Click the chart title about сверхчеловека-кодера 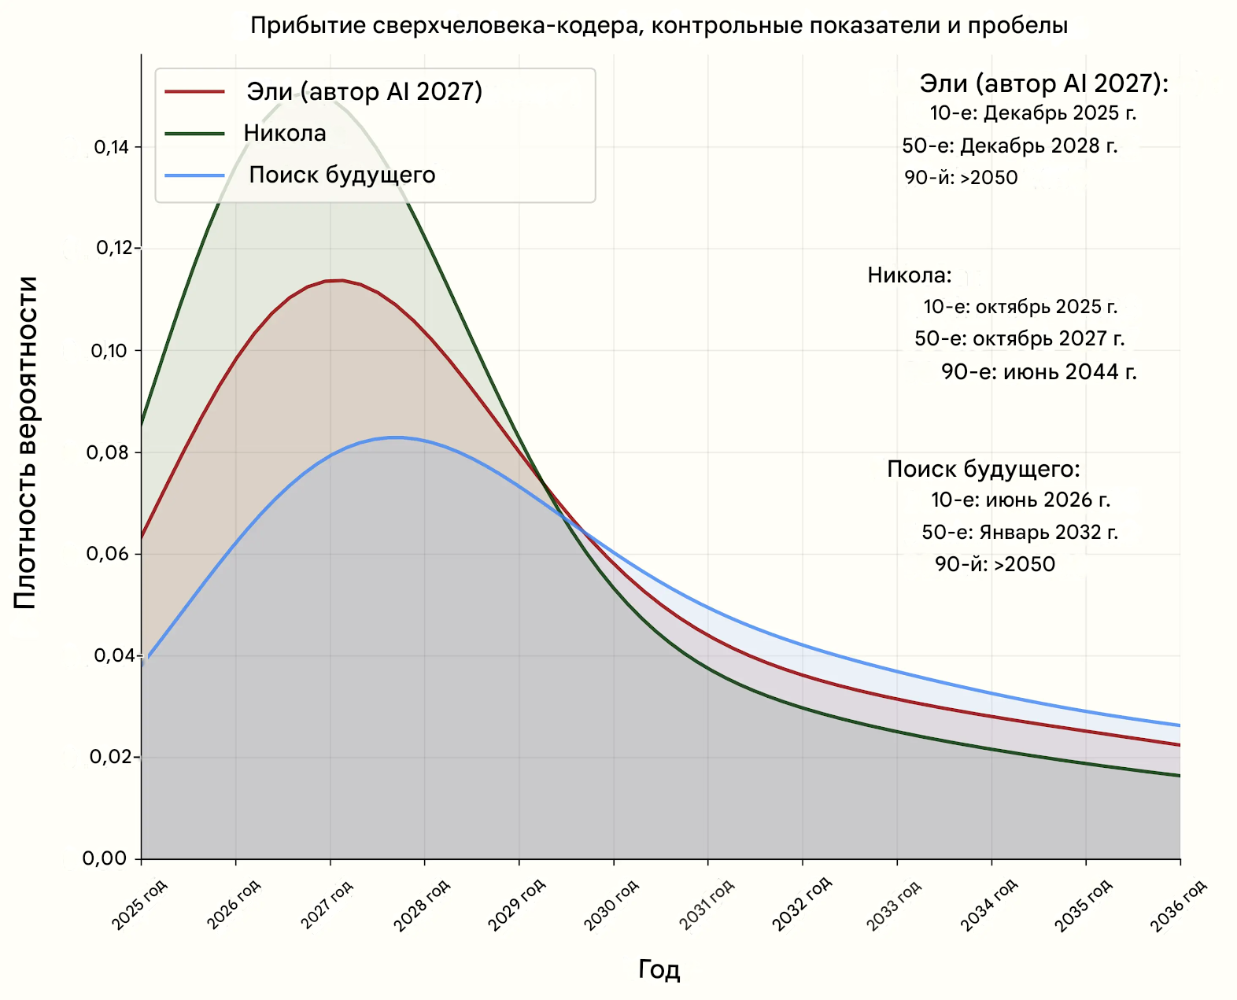tap(659, 26)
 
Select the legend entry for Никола tap(285, 133)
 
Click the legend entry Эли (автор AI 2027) tap(364, 91)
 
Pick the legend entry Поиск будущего tap(342, 175)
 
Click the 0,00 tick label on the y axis tap(105, 858)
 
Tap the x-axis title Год tap(659, 969)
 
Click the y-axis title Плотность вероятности tap(25, 442)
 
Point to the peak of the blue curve tap(396, 437)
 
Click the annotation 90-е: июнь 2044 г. tap(1039, 371)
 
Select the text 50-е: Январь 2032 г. tap(1020, 533)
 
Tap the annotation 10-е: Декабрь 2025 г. tap(1033, 113)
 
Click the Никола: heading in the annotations tap(910, 275)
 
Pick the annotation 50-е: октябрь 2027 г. tap(1020, 339)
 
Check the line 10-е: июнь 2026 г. tap(1021, 500)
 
